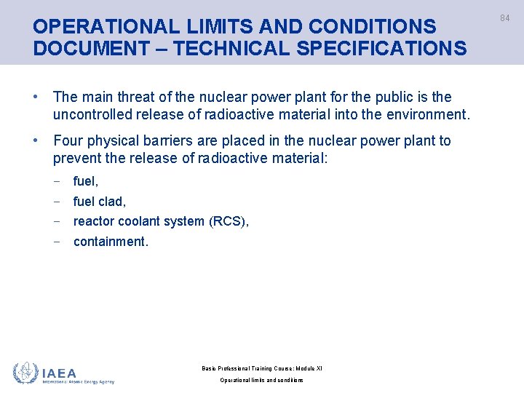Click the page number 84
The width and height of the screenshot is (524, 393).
click(504, 18)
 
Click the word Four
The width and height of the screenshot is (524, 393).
click(68, 140)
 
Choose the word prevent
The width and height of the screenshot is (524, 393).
click(76, 158)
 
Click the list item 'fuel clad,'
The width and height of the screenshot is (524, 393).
click(100, 202)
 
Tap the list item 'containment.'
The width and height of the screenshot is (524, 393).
click(111, 241)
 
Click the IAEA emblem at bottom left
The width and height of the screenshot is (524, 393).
click(25, 373)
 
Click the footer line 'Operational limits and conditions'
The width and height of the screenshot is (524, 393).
click(262, 381)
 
